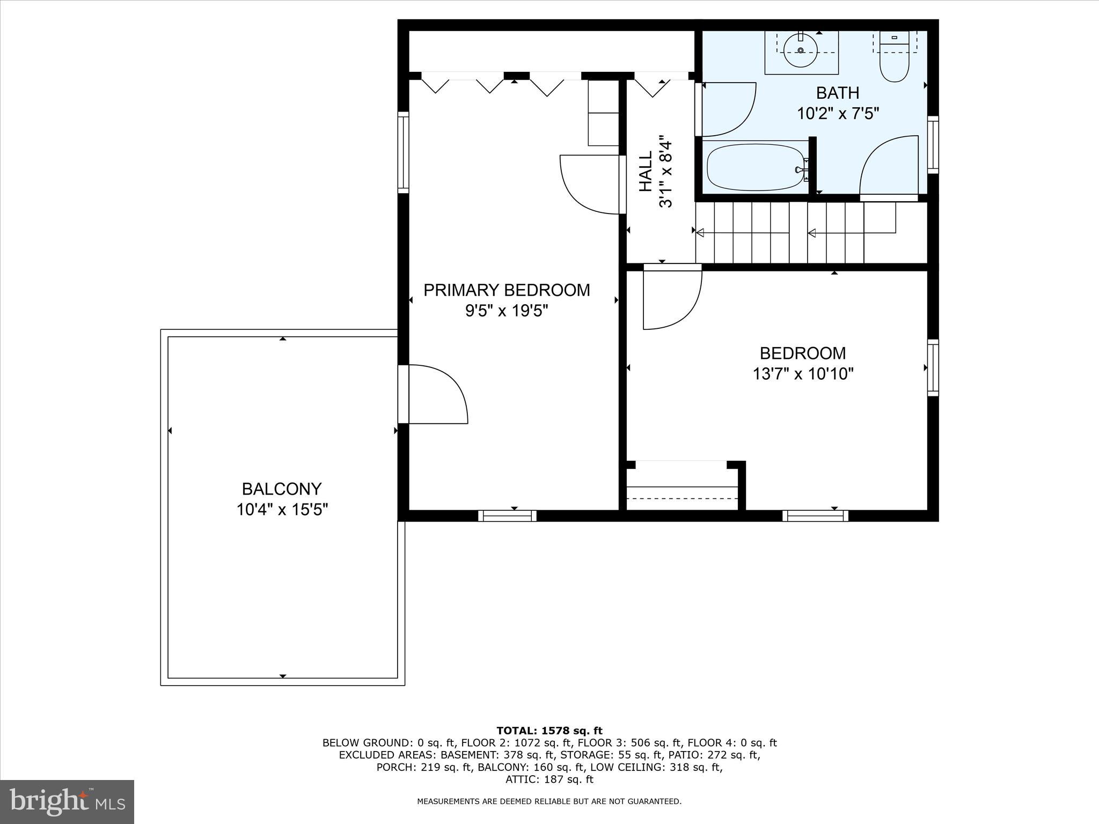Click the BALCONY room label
(x=281, y=489)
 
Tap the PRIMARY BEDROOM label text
(x=506, y=290)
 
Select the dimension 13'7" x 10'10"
(x=802, y=374)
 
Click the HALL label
(x=646, y=171)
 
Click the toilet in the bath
(x=894, y=63)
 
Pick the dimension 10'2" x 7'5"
(x=837, y=114)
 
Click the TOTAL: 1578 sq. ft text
(x=549, y=731)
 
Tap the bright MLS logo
(x=67, y=801)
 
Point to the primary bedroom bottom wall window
(x=507, y=516)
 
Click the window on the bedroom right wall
(x=933, y=368)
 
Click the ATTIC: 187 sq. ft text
(x=549, y=779)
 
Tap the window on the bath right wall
(x=933, y=144)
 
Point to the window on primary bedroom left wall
(x=403, y=152)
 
